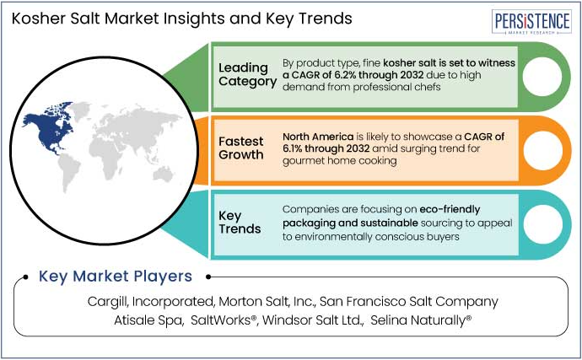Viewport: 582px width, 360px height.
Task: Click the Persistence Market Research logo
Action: (531, 22)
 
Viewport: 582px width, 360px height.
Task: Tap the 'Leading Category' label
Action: (248, 74)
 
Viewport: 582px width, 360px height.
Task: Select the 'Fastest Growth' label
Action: (241, 148)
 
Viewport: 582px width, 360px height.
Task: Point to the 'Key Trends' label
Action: (240, 222)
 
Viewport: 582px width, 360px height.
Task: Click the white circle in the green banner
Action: (542, 77)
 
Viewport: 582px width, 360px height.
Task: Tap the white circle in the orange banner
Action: (542, 150)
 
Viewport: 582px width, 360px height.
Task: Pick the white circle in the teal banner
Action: (542, 224)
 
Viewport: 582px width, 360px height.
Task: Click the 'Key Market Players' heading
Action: (116, 277)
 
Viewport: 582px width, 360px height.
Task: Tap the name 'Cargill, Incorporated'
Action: (151, 302)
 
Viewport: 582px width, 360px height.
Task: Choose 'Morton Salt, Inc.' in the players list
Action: (267, 301)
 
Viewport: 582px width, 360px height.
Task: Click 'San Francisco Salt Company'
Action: (408, 302)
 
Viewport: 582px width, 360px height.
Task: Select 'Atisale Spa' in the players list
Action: (148, 320)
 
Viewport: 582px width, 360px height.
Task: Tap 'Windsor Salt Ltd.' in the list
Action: (313, 320)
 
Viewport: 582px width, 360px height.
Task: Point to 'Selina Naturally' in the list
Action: (421, 320)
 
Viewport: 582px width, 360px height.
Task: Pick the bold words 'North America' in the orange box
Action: (318, 137)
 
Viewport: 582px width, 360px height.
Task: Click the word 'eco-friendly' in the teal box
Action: (450, 210)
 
